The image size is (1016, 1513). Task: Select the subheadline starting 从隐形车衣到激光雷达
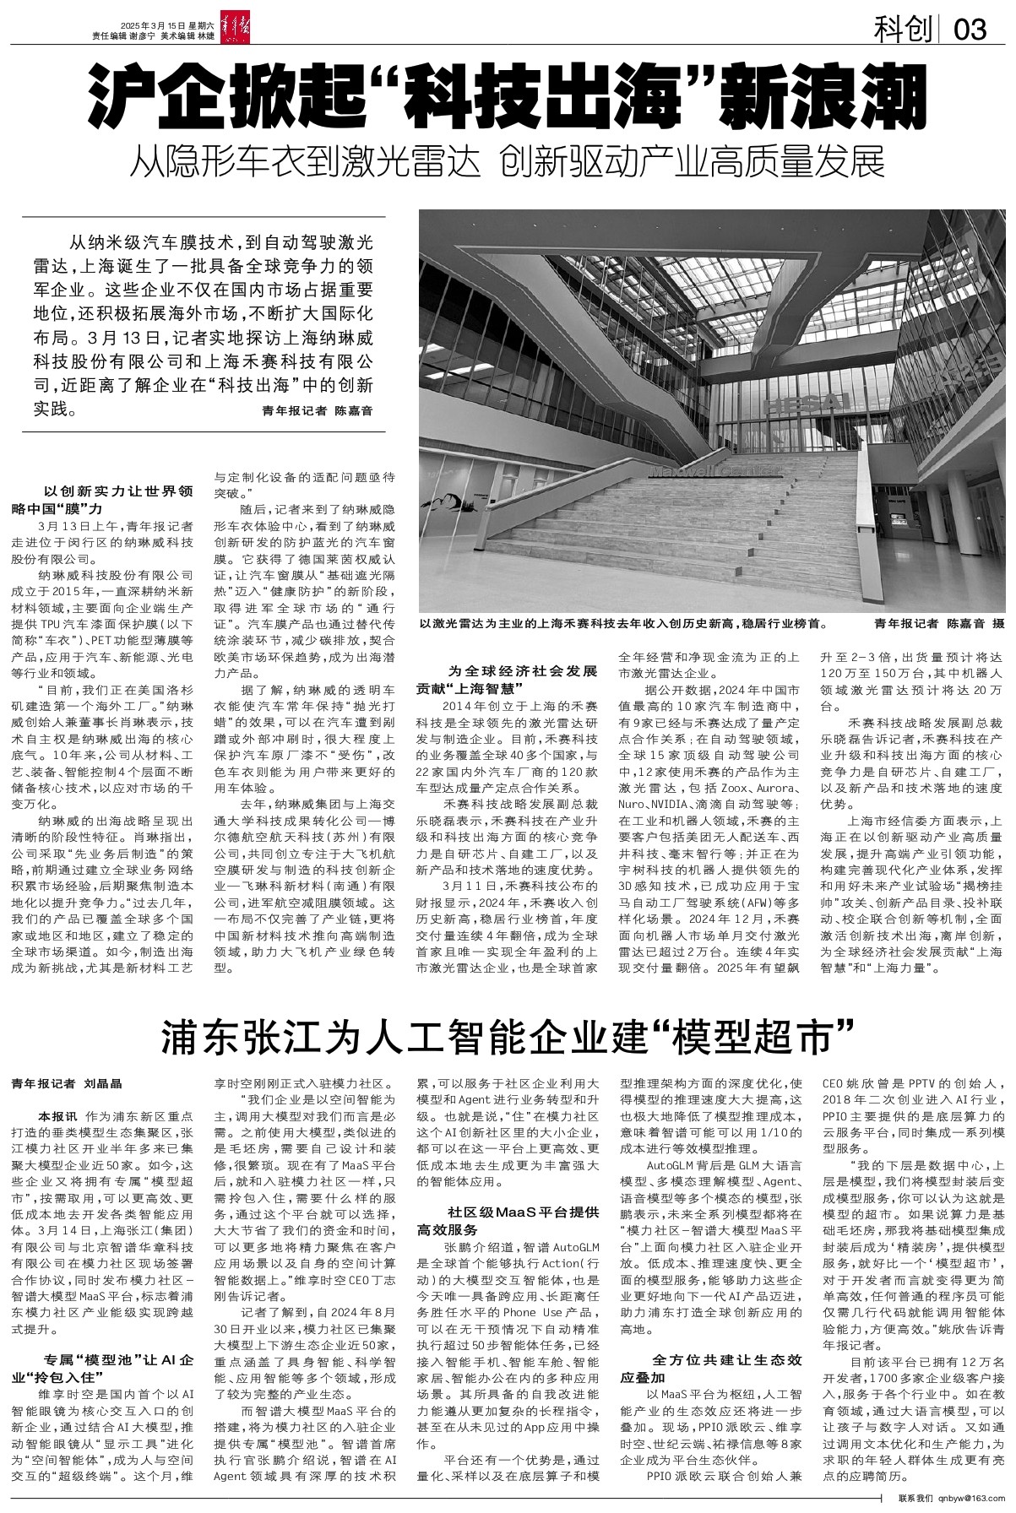(507, 162)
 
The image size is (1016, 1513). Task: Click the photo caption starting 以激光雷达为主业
(626, 625)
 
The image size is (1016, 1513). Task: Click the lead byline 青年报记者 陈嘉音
(317, 411)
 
